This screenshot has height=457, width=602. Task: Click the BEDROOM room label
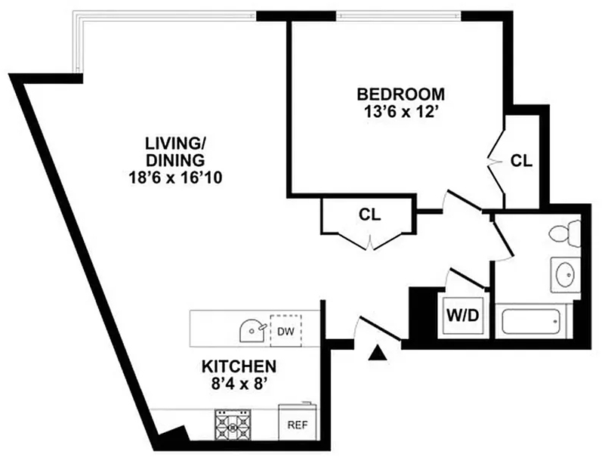coord(401,94)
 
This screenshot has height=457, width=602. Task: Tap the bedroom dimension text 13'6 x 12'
coord(401,113)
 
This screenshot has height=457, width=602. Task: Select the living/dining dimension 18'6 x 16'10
coord(175,178)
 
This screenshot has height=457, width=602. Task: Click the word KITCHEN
coord(239,366)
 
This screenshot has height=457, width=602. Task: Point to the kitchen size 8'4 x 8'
coord(239,384)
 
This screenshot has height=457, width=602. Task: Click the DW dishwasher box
coord(286,331)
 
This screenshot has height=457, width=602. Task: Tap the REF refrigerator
coord(298,421)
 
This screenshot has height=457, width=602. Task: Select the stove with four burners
coord(233,425)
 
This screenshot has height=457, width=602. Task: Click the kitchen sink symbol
coord(252,330)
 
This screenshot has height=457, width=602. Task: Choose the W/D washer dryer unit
coord(462,316)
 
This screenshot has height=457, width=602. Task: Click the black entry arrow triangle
coord(378,353)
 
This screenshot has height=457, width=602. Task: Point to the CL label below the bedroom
coord(369,215)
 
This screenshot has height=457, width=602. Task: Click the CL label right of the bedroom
coord(521,161)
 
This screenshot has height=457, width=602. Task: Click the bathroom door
coord(503,237)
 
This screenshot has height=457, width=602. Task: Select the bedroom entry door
coord(462,199)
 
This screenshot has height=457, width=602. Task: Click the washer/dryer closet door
coord(466,278)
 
